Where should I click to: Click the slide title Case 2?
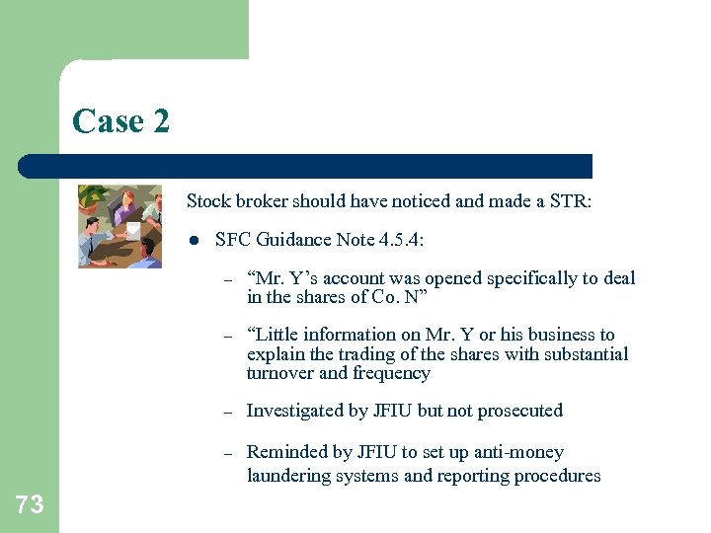point(120,121)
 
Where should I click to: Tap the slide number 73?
point(30,504)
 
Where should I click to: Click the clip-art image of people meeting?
point(119,226)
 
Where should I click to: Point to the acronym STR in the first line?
point(568,201)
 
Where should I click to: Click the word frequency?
point(392,373)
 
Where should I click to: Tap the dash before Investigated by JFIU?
point(227,412)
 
